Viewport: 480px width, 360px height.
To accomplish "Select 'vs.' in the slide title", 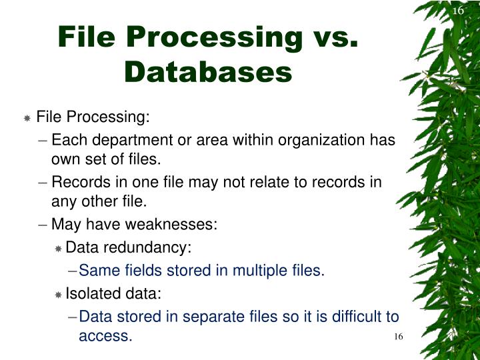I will click(331, 37).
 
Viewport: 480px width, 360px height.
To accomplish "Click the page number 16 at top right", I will click(457, 11).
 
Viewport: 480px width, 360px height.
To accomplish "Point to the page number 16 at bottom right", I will click(399, 336).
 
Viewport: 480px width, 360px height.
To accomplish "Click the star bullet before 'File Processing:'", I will click(27, 119).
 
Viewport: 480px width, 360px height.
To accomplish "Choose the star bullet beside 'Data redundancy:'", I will click(58, 249).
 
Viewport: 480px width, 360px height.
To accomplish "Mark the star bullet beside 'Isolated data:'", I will click(58, 295).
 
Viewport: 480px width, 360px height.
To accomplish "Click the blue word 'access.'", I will click(105, 336).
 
